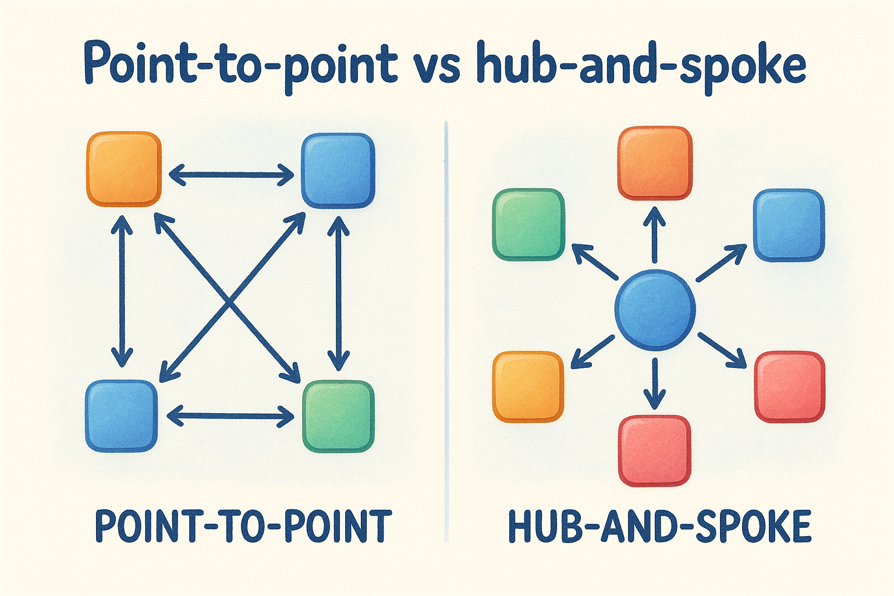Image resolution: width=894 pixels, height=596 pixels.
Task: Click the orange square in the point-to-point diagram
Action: (x=123, y=169)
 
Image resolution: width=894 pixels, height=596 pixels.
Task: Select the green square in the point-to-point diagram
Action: (x=338, y=416)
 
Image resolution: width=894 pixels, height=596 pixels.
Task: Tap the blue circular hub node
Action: (x=655, y=310)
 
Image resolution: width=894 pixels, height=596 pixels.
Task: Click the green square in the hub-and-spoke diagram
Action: (x=528, y=224)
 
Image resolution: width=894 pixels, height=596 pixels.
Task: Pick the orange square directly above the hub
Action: (x=655, y=164)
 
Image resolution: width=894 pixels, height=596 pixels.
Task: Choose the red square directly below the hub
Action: (x=655, y=450)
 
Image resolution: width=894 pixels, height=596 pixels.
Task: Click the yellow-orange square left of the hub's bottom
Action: (x=528, y=386)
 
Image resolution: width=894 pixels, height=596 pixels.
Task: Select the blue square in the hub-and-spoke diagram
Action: (x=789, y=224)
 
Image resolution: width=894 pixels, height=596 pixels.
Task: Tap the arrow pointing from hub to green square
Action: (x=594, y=261)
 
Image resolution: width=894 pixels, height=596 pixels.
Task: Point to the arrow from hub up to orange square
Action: (x=655, y=235)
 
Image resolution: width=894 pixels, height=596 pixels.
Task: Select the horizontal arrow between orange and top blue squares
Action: (x=231, y=173)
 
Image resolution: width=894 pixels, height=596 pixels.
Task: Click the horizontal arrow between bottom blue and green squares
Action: (x=230, y=416)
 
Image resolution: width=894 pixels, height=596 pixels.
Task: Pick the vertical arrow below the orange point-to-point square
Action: (x=122, y=290)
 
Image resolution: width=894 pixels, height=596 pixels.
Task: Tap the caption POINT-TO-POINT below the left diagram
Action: (x=243, y=526)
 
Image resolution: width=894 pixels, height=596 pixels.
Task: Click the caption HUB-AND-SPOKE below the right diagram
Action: (x=659, y=526)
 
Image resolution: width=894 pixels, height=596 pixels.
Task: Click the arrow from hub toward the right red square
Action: (x=722, y=350)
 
